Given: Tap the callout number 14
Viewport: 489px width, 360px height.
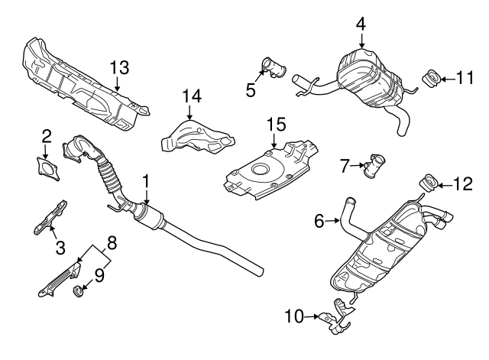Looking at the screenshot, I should tap(190, 96).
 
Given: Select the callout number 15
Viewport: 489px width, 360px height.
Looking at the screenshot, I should tap(275, 124).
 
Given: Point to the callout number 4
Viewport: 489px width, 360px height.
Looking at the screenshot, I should tap(360, 24).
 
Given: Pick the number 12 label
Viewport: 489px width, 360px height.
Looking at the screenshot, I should tap(463, 183).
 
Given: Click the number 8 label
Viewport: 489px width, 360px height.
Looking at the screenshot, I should tap(112, 244).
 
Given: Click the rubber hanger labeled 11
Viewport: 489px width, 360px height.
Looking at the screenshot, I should tap(431, 77).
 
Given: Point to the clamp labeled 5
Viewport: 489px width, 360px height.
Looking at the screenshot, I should tap(271, 66).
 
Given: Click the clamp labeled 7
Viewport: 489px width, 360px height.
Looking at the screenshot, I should tap(375, 165).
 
